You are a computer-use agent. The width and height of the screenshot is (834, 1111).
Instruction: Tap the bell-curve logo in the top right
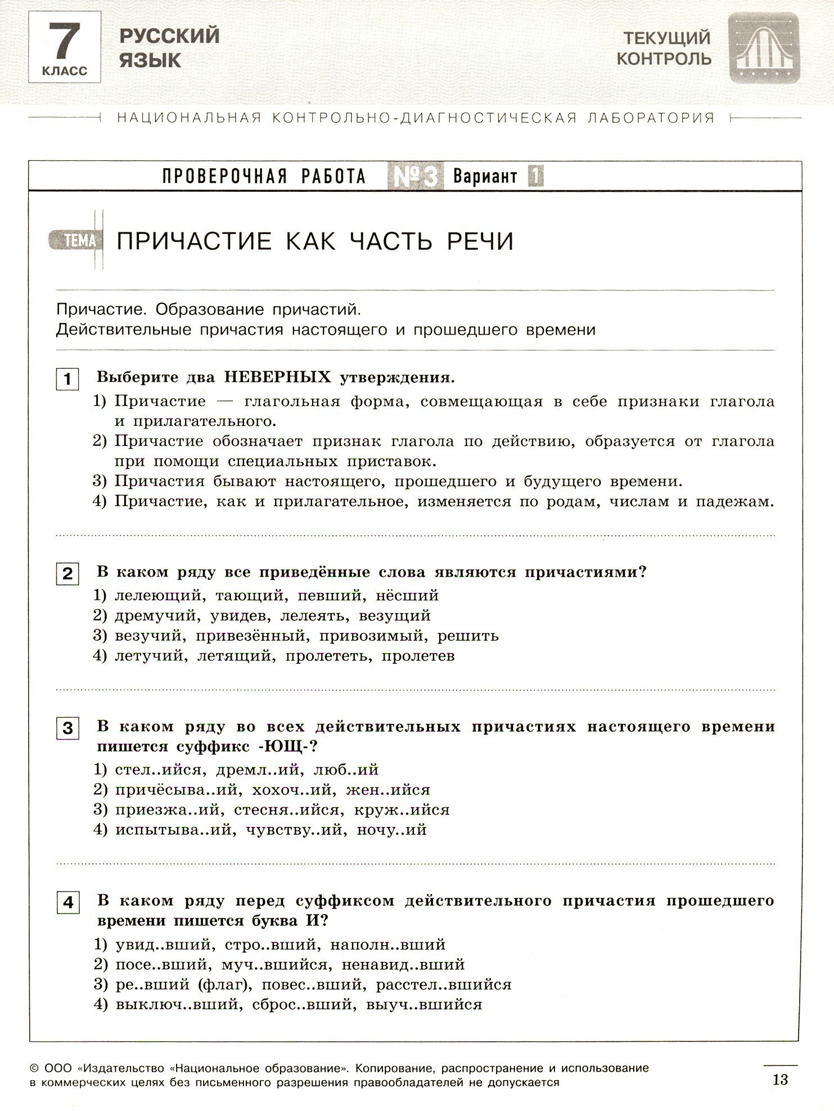coord(763,49)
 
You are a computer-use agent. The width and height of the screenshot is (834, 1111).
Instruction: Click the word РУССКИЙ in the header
coord(169,36)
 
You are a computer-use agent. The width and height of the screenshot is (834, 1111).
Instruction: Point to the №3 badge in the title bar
coord(416,177)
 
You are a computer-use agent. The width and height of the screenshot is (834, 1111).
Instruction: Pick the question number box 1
coord(67,379)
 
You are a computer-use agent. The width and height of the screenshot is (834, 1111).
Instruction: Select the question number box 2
coord(67,574)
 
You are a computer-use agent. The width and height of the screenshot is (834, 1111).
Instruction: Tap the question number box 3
coord(67,728)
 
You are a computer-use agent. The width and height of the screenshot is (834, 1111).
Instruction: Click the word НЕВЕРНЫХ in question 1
coord(277,377)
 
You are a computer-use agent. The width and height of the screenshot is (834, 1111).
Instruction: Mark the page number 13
coord(781,1079)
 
